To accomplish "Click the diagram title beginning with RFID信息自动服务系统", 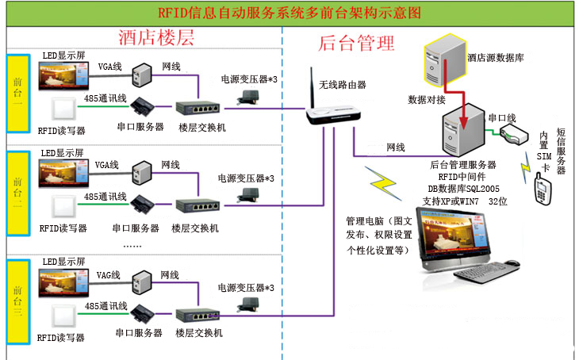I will [x=289, y=13].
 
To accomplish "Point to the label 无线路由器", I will [x=342, y=84].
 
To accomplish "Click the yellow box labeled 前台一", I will [x=17, y=93].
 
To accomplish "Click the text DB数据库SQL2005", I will [x=461, y=189].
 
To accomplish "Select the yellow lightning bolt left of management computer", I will [x=384, y=185].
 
